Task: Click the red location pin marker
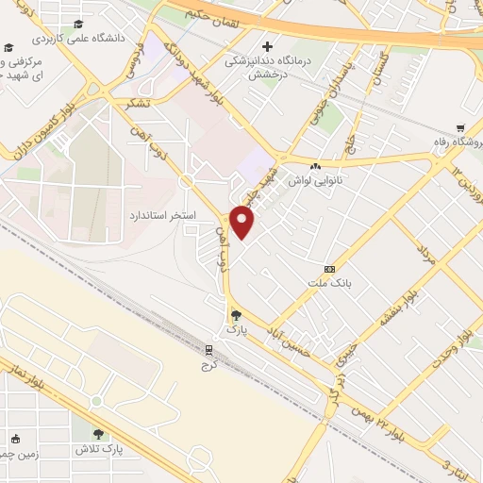(243, 224)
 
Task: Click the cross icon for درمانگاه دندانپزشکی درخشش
(268, 46)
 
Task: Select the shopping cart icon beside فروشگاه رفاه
(459, 127)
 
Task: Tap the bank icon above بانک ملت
(328, 268)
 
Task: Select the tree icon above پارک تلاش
(99, 434)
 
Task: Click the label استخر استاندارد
(162, 215)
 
